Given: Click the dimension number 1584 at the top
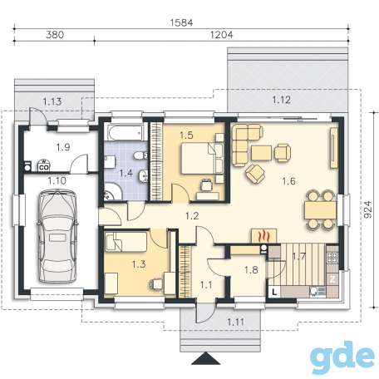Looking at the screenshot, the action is pos(181,22).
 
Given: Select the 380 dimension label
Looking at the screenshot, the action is pos(55,35).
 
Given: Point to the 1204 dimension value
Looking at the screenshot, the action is pos(221,35).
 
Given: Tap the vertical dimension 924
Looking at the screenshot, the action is pos(367,209).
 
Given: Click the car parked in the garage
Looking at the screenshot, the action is pos(57,236).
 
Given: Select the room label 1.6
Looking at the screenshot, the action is pos(288,181).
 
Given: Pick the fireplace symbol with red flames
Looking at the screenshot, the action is pos(263,236).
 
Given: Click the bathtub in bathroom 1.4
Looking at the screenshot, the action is pos(126,133).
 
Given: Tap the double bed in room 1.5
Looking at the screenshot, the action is pos(198,158).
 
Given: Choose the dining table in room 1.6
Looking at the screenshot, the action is pos(321,210).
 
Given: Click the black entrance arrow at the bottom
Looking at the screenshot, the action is pos(206,358).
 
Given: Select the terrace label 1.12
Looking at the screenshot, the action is pos(282,100).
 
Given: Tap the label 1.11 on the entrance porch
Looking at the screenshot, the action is pos(236,322).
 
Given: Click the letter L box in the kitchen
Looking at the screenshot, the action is pos(274,292).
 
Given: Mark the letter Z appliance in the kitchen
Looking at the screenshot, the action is pos(332,279).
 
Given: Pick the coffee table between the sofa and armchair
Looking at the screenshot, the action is pos(261,153).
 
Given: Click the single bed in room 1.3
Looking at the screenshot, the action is pos(126,242).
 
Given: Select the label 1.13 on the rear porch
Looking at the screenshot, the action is pos(52,101).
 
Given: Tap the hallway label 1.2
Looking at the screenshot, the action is pos(192,216).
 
